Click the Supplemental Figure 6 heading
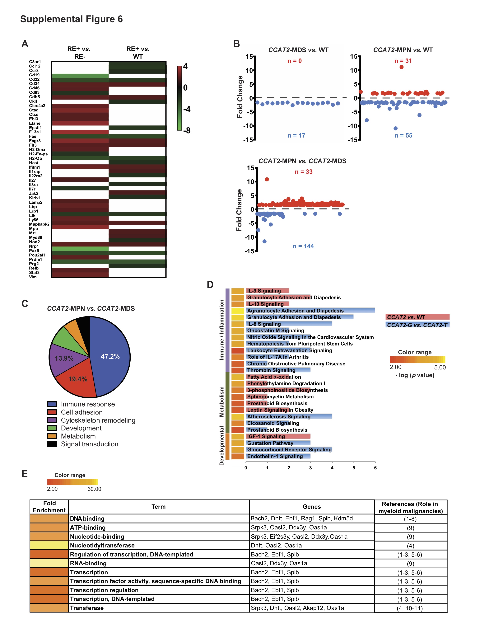pos(71,19)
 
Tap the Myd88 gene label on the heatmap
pos(35,237)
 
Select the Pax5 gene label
pos(34,251)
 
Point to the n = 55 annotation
pos(403,135)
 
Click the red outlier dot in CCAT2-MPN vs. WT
pos(401,67)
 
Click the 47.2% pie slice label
pos(110,357)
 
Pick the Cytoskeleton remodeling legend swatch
pos(52,420)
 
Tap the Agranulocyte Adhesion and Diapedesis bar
pos(310,310)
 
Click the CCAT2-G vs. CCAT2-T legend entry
pos(417,325)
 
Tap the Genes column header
pos(311,507)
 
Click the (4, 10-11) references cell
pos(410,608)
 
